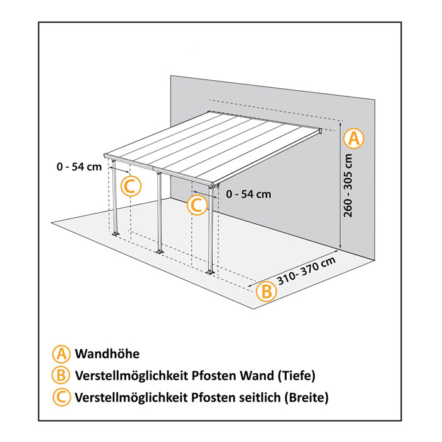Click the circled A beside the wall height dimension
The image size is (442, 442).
354,138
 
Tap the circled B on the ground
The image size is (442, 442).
266,291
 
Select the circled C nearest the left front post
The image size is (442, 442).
131,186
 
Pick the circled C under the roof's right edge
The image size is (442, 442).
197,205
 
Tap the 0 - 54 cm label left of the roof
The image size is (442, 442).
78,167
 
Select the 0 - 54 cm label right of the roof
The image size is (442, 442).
248,194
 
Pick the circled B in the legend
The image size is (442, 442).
61,375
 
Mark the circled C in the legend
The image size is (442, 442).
61,397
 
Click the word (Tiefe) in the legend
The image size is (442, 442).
294,376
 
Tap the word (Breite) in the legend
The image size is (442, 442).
307,397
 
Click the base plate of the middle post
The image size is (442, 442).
159,253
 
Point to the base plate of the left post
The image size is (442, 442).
116,236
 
